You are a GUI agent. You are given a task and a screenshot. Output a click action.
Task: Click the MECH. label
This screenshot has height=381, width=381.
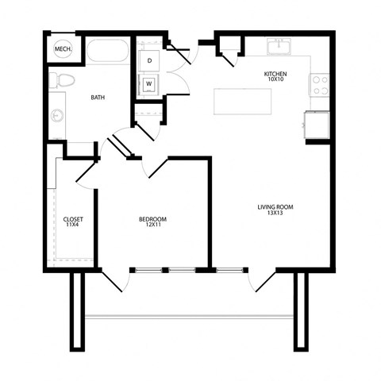click(x=63, y=50)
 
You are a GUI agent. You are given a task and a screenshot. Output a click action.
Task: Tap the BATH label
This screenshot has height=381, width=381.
click(x=98, y=98)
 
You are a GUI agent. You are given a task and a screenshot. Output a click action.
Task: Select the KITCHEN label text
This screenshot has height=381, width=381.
click(x=275, y=74)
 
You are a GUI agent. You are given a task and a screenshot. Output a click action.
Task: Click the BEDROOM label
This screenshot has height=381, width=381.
click(x=152, y=220)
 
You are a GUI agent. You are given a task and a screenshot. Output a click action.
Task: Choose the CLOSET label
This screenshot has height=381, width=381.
click(x=73, y=219)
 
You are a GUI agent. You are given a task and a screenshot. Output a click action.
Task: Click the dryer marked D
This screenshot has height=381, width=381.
click(x=150, y=59)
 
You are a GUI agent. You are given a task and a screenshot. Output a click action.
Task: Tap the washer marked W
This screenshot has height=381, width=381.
click(x=149, y=83)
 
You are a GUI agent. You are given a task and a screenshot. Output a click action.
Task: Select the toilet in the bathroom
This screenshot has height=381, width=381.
click(x=61, y=79)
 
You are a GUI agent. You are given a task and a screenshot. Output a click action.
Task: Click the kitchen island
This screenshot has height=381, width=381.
click(x=242, y=102)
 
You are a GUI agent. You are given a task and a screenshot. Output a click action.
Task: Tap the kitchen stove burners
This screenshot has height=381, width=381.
click(x=320, y=85)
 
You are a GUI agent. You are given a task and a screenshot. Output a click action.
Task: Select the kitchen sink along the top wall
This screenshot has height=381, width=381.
click(x=279, y=48)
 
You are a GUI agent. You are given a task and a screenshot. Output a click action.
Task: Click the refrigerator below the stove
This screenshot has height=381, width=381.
click(x=316, y=125)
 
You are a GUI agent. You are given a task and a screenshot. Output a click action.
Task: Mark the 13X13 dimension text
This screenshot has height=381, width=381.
click(x=275, y=214)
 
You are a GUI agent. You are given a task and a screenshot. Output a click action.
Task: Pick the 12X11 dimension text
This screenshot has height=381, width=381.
click(x=152, y=226)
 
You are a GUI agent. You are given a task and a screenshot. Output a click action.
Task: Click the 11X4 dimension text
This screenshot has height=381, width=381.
click(x=73, y=225)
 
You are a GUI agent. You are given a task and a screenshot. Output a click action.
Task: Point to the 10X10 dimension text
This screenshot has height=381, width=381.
click(x=275, y=80)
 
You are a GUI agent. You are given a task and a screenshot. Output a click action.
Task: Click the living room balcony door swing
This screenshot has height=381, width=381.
click(x=260, y=282)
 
